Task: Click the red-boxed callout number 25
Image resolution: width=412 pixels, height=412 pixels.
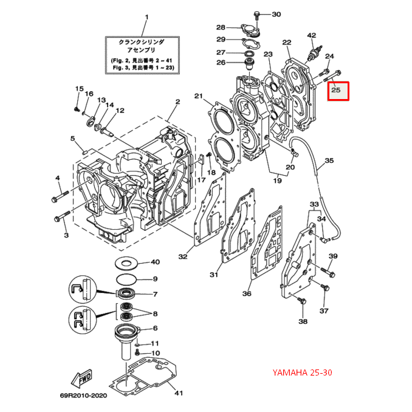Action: (338, 92)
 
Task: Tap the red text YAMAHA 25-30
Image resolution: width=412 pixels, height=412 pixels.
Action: (303, 372)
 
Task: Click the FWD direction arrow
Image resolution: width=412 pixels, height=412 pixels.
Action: (83, 379)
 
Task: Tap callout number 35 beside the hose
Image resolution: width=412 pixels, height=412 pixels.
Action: (329, 161)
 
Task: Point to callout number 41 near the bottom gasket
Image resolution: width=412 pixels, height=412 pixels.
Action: (178, 393)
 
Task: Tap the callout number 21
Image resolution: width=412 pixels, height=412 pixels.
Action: (197, 96)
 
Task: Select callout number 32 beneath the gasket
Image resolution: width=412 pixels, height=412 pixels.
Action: (183, 256)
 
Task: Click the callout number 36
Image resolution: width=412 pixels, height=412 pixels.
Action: (247, 294)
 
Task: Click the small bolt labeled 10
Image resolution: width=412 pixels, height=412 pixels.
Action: (139, 352)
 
